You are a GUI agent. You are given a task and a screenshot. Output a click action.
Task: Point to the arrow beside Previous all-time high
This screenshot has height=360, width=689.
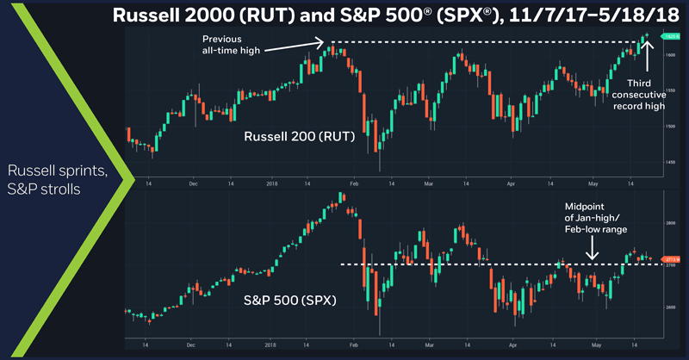293,46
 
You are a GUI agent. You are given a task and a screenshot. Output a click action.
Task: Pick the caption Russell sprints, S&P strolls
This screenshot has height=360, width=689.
59,178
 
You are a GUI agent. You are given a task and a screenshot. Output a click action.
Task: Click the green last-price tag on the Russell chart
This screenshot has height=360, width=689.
669,36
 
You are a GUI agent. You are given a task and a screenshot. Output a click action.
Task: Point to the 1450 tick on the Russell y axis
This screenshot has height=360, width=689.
668,162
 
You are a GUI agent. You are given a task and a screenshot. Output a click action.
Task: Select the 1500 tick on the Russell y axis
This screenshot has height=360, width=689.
668,127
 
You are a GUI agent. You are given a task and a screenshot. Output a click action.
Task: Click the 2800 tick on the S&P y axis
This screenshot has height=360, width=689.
669,223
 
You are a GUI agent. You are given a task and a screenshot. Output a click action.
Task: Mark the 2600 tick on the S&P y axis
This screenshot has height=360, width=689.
669,307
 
